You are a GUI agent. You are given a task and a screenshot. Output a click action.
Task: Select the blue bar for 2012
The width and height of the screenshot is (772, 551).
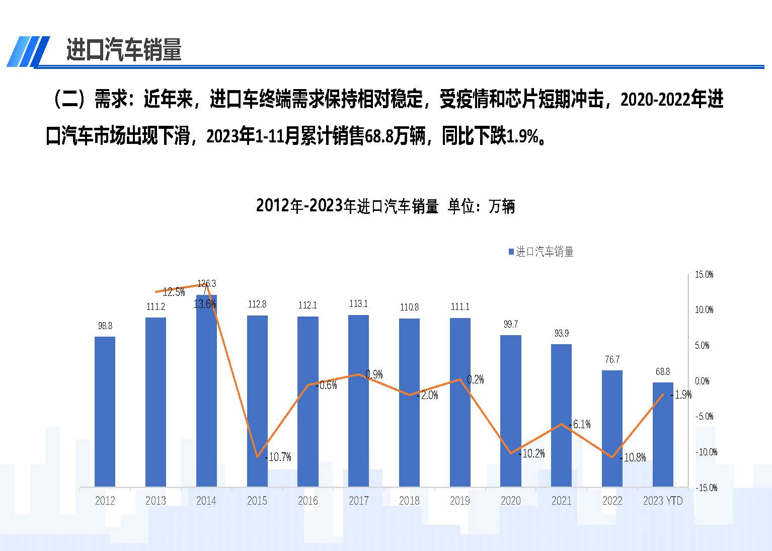tap(105, 412)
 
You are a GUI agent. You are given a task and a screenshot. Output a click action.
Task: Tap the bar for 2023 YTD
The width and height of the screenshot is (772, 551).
tap(663, 435)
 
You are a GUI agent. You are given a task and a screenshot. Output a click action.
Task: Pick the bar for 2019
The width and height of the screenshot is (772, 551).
tap(460, 403)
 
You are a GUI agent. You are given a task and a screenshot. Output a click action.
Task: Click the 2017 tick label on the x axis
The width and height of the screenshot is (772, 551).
tap(358, 501)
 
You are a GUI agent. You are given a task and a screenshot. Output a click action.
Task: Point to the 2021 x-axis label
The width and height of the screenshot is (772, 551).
tap(561, 501)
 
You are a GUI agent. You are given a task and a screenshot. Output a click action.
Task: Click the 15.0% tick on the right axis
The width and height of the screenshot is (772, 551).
tap(704, 275)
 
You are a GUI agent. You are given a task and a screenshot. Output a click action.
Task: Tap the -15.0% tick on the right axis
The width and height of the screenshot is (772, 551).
tap(706, 488)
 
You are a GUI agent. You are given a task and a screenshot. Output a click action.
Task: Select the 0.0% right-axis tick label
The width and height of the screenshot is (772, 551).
tap(703, 381)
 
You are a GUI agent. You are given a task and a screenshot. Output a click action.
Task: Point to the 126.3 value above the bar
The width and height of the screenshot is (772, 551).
tap(206, 283)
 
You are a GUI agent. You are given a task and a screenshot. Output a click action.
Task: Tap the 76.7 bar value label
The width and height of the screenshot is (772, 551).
tap(612, 359)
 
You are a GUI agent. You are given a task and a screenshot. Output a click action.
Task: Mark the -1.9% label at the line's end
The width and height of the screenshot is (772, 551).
tap(682, 395)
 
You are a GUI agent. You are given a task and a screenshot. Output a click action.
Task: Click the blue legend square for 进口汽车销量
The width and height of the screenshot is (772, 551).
tap(511, 252)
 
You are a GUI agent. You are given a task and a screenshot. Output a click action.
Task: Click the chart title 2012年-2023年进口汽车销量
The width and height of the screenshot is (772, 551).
tap(385, 206)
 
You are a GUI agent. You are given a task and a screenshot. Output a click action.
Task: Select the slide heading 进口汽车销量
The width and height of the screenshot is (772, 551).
tap(124, 50)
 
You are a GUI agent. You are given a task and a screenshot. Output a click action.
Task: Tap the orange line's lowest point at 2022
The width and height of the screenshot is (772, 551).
tap(612, 457)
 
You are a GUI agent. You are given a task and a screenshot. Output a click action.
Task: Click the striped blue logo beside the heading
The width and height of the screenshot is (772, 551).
tap(29, 51)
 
